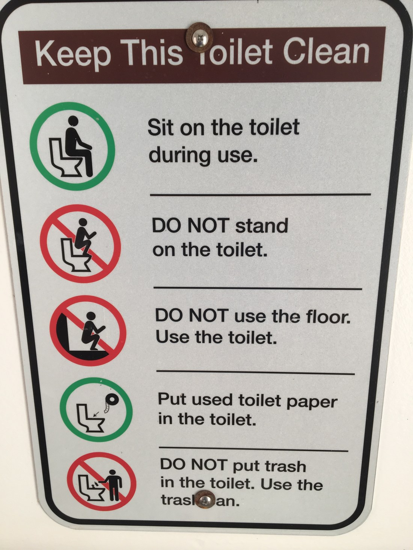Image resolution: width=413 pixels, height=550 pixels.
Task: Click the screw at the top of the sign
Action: (x=200, y=38)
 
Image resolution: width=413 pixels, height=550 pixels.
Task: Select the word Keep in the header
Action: (x=73, y=56)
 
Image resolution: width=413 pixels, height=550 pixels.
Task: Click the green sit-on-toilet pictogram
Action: (x=72, y=146)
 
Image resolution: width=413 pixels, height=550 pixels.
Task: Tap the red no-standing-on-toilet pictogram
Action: (x=80, y=243)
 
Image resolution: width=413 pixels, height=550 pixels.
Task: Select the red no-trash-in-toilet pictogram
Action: (x=101, y=488)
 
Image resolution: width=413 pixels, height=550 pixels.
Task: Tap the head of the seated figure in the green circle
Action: (x=73, y=121)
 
